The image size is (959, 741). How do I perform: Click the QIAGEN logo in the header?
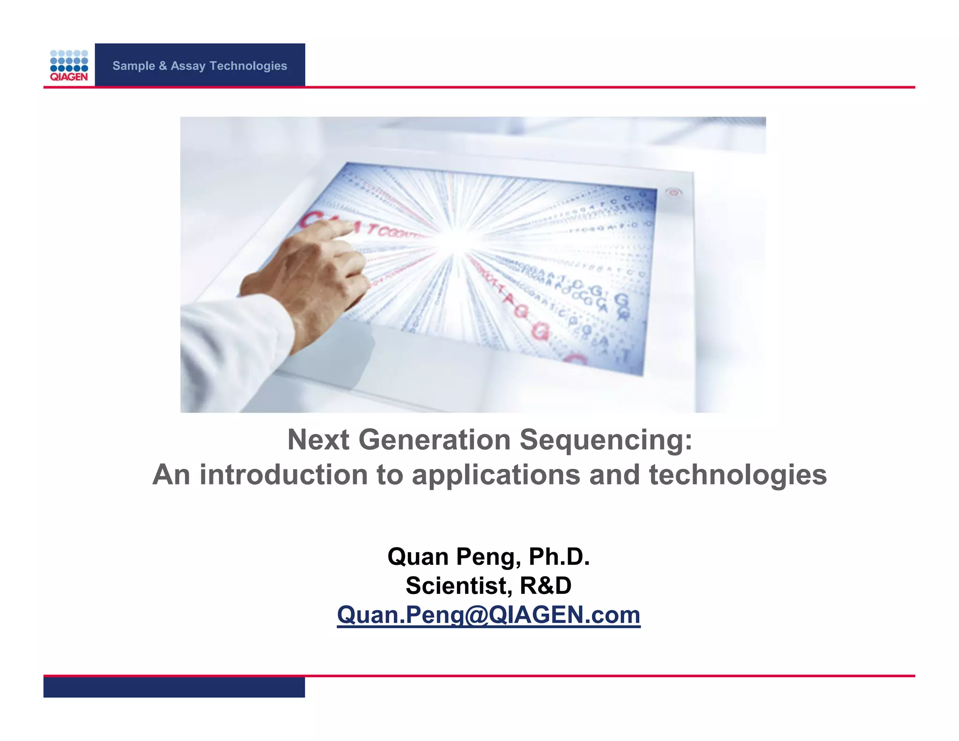(x=69, y=66)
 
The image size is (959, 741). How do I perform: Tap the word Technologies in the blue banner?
(x=248, y=66)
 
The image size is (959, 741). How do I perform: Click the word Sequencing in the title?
(x=602, y=441)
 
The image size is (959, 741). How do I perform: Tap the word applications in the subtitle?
(x=496, y=475)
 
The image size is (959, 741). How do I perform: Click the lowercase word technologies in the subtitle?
(x=738, y=475)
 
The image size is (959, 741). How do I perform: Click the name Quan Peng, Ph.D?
(x=488, y=557)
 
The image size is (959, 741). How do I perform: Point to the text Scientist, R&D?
(x=488, y=585)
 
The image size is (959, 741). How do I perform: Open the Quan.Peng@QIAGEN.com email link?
(x=488, y=615)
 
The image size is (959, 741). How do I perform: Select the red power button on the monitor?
(x=673, y=192)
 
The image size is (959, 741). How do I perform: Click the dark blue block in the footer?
(x=174, y=687)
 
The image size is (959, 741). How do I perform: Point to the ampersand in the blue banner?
(x=162, y=66)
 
